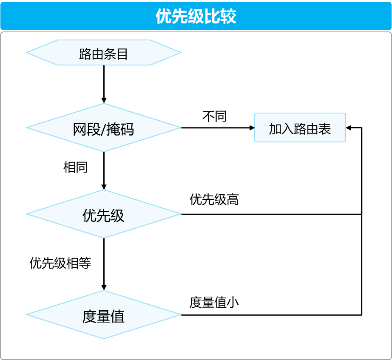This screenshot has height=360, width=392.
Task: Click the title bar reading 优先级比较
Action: (x=196, y=16)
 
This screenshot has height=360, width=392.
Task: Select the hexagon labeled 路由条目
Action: (x=104, y=53)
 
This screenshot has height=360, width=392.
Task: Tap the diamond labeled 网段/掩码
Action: (x=104, y=128)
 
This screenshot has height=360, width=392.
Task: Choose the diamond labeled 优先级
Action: (x=104, y=214)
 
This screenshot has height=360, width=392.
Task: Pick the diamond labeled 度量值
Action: (x=104, y=315)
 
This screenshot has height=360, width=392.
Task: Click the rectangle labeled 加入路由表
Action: (x=300, y=128)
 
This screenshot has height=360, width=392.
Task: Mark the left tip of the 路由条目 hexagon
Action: (x=27, y=53)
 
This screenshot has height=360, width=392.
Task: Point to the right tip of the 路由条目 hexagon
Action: (x=180, y=53)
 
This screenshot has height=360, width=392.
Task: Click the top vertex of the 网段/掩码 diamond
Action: (x=104, y=104)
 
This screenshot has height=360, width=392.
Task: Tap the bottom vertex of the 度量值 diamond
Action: (x=104, y=338)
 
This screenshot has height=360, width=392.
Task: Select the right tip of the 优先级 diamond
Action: (x=180, y=214)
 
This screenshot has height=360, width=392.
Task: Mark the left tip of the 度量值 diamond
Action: (x=27, y=315)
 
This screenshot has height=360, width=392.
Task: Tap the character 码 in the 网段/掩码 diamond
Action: (x=126, y=129)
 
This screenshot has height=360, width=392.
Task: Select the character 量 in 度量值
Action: (x=103, y=317)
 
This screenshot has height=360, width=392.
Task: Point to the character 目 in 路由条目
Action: (x=122, y=54)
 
